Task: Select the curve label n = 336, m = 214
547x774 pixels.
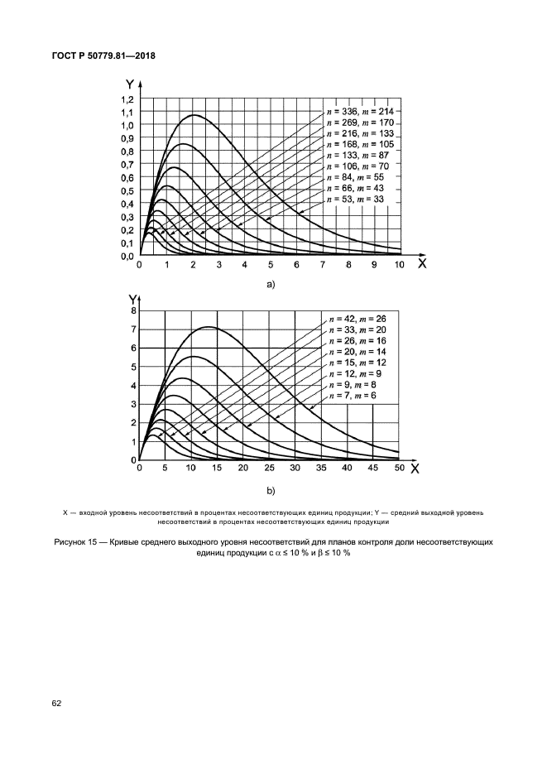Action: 362,111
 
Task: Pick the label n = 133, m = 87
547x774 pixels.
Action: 360,156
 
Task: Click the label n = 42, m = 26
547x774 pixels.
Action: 357,318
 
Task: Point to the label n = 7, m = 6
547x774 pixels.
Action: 353,397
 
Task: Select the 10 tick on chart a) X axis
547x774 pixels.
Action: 400,264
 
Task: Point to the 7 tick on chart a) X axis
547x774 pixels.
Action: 323,264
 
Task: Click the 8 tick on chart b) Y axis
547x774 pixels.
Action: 132,310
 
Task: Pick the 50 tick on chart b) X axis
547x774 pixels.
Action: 399,469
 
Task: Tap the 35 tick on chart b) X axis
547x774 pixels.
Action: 321,469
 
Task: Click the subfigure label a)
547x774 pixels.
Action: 269,284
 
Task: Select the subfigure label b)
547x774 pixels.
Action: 269,490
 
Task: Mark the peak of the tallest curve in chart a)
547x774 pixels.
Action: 194,115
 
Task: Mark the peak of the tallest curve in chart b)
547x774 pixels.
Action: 209,327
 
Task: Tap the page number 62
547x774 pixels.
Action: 57,704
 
